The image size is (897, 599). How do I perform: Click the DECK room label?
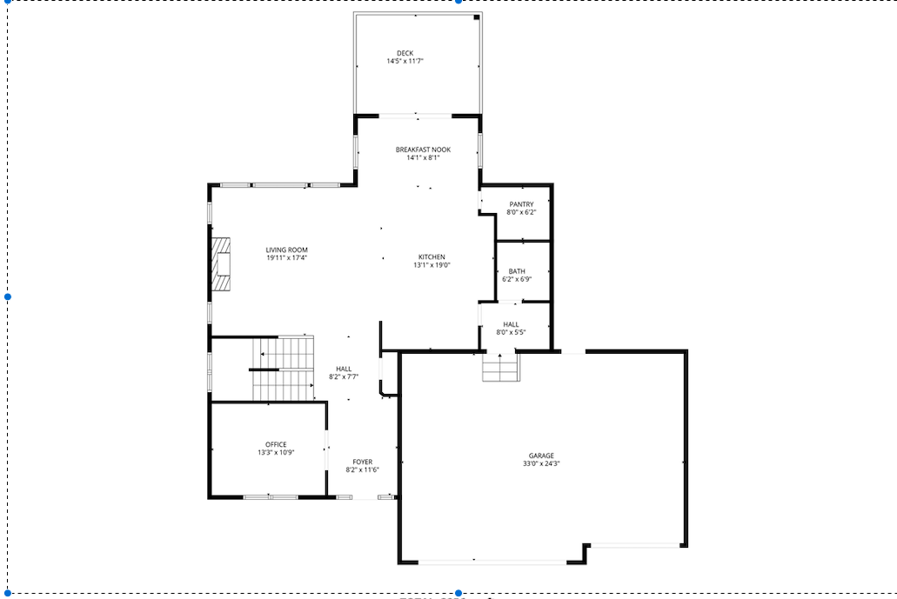405,53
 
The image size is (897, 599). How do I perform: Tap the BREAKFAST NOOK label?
423,150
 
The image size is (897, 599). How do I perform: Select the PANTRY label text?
521,204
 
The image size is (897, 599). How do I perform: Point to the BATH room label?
517,271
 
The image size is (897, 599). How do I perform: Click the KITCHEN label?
432,257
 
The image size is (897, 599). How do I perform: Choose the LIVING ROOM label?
286,250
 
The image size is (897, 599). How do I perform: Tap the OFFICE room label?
276,444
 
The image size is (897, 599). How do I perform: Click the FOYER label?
362,462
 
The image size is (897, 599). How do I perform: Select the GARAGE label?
540,456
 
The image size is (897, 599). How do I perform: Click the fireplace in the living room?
221,264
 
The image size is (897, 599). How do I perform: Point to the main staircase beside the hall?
284,369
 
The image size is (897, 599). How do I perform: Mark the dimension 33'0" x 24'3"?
540,463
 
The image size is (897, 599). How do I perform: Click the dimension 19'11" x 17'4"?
286,258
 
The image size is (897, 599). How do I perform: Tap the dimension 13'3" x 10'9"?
276,452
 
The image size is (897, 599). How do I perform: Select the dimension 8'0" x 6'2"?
521,212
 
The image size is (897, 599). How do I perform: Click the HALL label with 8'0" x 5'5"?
511,323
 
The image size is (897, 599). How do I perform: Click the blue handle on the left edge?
8,296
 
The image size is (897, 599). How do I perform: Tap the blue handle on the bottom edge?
459,593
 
